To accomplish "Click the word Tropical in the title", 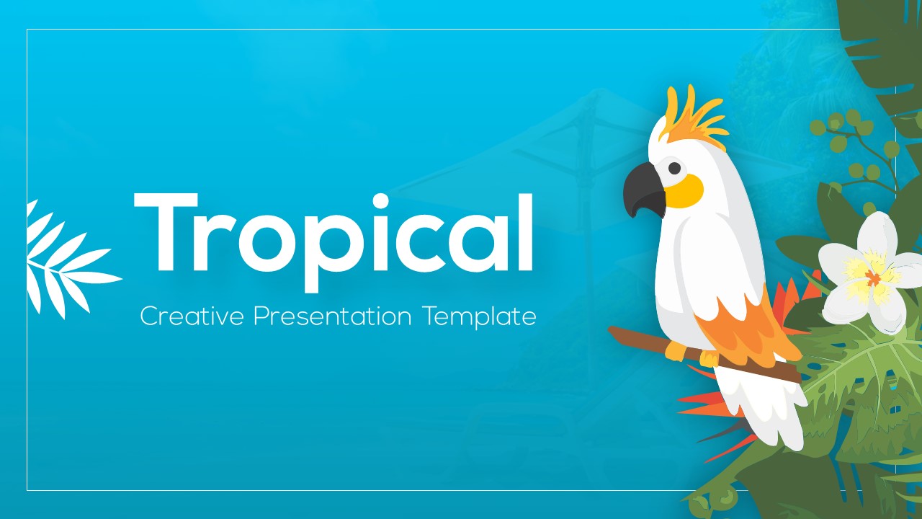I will [x=333, y=232].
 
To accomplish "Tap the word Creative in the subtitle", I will [x=192, y=316].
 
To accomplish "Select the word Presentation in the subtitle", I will [x=333, y=316].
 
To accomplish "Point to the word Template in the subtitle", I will [x=480, y=316].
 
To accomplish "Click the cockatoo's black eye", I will [x=674, y=168].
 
